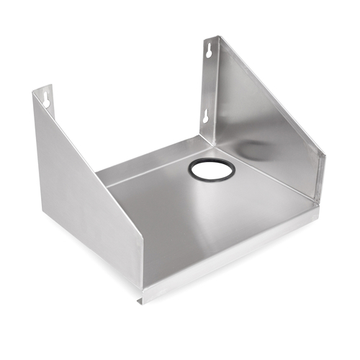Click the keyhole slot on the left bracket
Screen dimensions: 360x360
[x=46, y=97]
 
